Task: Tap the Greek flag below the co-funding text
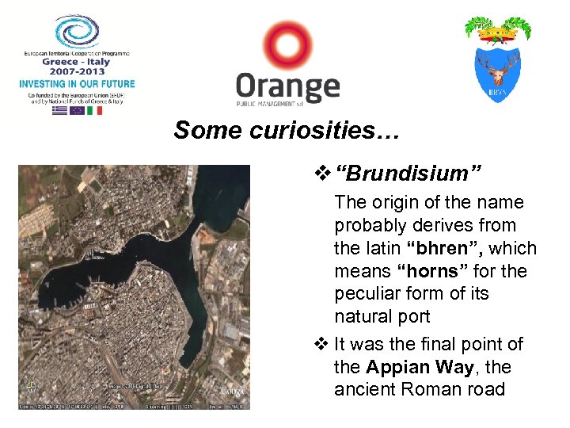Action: pos(59,110)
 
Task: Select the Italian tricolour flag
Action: pos(95,110)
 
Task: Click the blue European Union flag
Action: pos(77,110)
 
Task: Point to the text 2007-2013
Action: pos(78,71)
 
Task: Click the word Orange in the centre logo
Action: pos(287,86)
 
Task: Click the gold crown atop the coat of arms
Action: pos(497,34)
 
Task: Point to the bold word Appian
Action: pos(398,368)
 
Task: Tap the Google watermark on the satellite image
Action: pos(232,390)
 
